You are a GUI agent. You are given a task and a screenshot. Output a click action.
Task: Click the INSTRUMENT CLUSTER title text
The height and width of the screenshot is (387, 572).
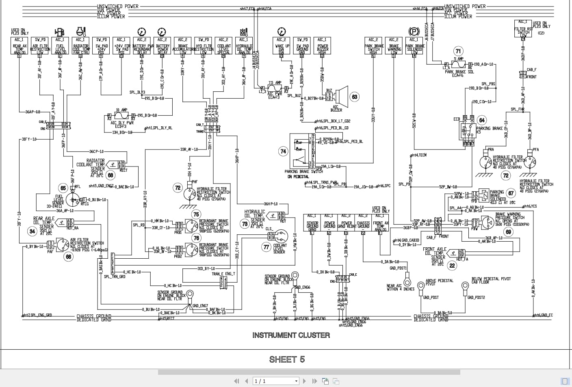click(x=291, y=335)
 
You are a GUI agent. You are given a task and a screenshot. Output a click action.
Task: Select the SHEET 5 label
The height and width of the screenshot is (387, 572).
click(x=287, y=359)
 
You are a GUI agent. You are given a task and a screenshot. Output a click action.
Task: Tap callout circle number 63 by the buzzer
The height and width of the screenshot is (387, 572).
click(x=355, y=97)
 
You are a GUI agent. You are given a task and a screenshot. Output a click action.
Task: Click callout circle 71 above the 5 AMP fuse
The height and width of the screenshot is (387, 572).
click(x=458, y=51)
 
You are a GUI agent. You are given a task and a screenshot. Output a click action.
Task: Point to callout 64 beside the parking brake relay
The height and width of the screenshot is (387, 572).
click(x=482, y=120)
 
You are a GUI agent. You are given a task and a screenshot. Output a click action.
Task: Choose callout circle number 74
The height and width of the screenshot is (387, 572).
click(x=283, y=151)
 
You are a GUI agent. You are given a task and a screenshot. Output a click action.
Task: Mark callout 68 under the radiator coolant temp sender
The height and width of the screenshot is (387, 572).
click(x=110, y=175)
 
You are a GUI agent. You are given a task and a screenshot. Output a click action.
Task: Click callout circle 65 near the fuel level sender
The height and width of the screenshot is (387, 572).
click(x=63, y=188)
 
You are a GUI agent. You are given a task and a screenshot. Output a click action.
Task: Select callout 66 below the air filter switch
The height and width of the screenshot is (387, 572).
click(x=68, y=257)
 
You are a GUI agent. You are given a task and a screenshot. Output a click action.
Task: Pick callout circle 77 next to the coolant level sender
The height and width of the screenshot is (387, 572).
click(x=266, y=246)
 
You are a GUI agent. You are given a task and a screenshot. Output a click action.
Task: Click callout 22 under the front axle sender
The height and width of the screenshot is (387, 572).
click(x=452, y=266)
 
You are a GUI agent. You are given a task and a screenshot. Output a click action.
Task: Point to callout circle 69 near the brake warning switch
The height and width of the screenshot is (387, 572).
click(x=508, y=232)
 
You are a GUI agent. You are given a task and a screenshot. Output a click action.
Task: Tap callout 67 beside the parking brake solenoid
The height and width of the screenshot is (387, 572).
click(x=511, y=194)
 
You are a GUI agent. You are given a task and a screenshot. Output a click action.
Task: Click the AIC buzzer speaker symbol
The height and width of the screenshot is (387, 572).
click(x=341, y=96)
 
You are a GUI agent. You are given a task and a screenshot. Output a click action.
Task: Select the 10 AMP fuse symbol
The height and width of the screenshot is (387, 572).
click(x=122, y=116)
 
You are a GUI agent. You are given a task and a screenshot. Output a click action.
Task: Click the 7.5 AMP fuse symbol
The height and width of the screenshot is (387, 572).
click(x=275, y=88)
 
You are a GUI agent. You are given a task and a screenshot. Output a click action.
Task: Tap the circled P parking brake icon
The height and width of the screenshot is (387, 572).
click(x=413, y=32)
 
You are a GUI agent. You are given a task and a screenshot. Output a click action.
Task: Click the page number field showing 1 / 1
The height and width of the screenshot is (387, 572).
click(x=275, y=381)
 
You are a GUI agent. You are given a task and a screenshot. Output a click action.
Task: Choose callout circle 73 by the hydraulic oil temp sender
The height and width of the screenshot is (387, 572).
click(x=245, y=224)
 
